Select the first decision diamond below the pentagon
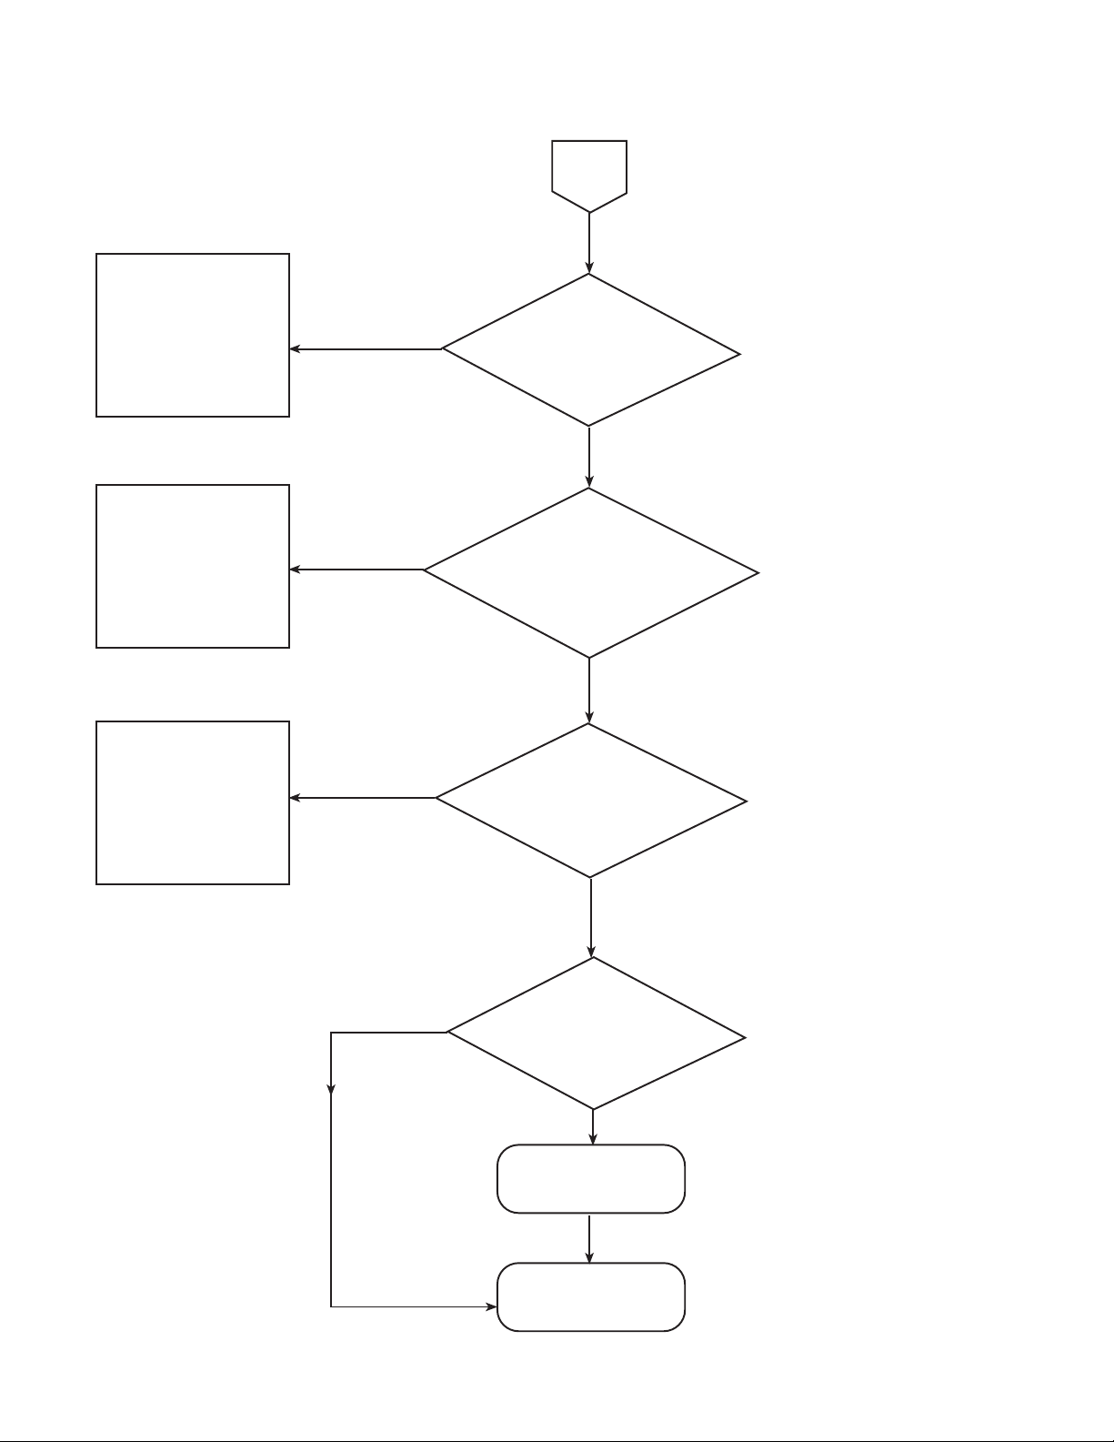click(x=590, y=350)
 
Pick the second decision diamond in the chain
click(x=590, y=572)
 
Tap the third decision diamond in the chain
click(x=590, y=800)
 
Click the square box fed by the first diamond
click(x=193, y=335)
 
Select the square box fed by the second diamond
click(x=193, y=566)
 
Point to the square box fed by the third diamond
click(x=193, y=802)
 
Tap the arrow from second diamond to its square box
click(x=356, y=570)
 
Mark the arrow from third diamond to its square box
click(x=362, y=799)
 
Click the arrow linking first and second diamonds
click(x=589, y=457)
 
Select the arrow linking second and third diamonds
click(x=589, y=690)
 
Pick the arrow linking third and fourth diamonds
click(x=591, y=917)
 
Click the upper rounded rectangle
click(x=590, y=1179)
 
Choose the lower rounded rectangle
click(x=590, y=1297)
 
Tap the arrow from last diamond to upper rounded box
click(x=593, y=1127)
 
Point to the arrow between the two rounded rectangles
click(x=589, y=1238)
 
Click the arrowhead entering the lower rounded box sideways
click(x=491, y=1307)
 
